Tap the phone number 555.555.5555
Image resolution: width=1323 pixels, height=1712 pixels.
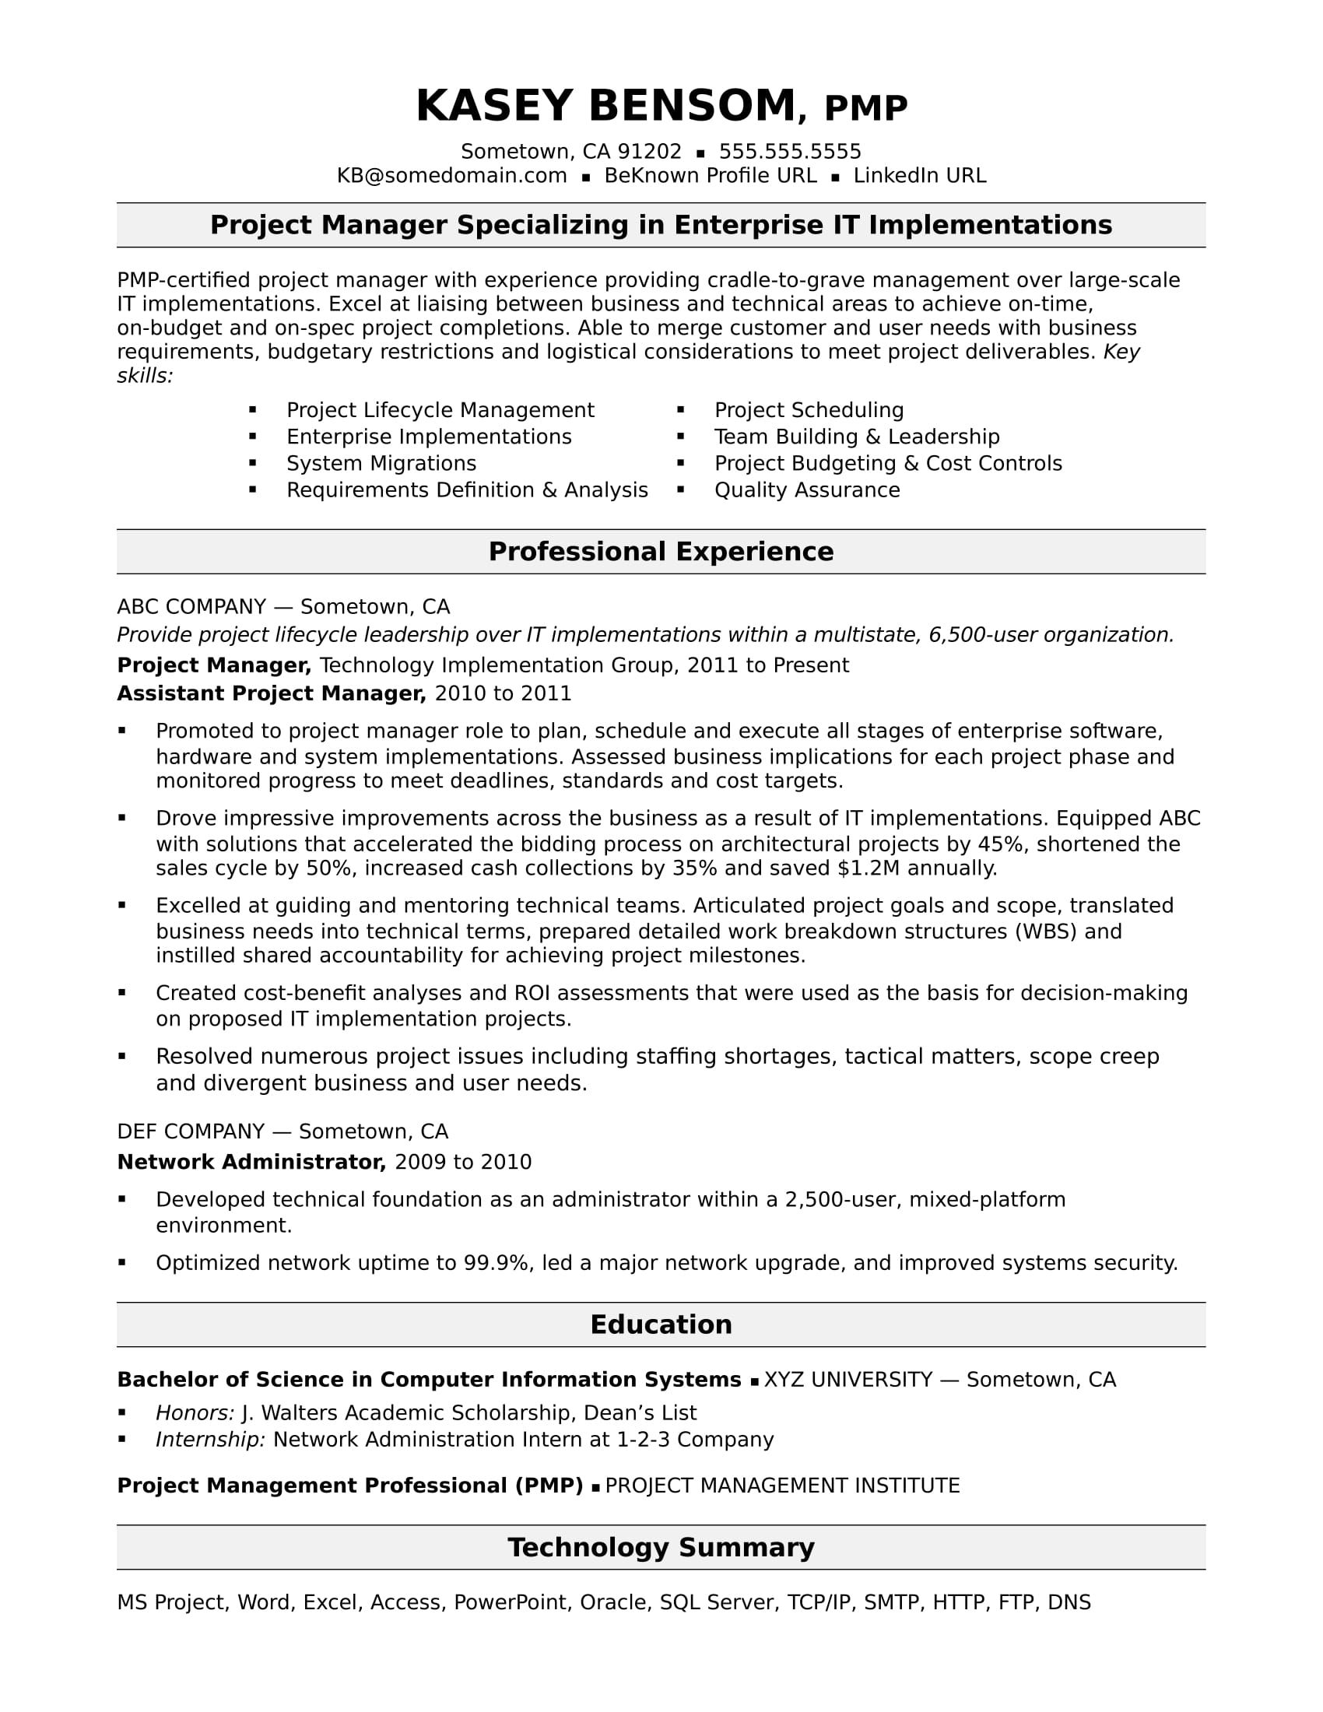[789, 151]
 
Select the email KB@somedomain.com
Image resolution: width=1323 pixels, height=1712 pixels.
[451, 176]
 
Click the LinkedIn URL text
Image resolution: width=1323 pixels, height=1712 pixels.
[919, 176]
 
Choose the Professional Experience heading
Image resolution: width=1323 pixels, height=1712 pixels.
[661, 552]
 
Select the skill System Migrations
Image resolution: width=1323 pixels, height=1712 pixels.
[381, 463]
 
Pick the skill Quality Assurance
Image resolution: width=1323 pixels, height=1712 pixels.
[806, 490]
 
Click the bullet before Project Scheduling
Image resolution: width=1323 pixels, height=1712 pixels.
[680, 410]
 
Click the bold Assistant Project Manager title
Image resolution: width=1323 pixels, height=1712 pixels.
[271, 693]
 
